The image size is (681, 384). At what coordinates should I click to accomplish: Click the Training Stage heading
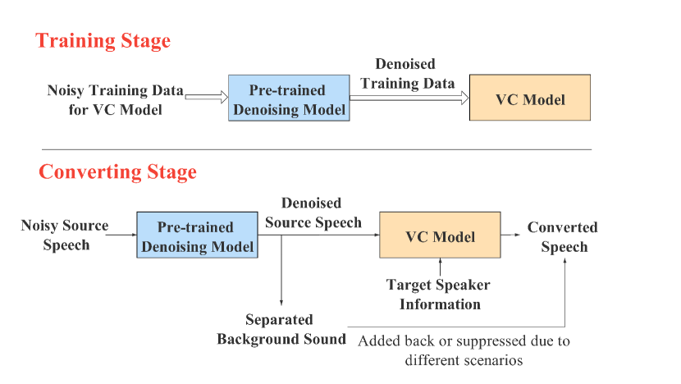pyautogui.click(x=103, y=40)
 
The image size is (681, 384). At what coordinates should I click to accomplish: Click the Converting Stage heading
pyautogui.click(x=117, y=172)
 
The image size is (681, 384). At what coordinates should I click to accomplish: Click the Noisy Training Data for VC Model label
pyautogui.click(x=115, y=98)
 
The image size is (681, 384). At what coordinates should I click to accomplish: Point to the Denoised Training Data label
pyautogui.click(x=407, y=73)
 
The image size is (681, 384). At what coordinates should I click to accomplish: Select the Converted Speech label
pyautogui.click(x=563, y=236)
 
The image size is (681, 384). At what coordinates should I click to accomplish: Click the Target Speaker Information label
pyautogui.click(x=440, y=295)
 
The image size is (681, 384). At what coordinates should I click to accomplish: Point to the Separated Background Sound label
pyautogui.click(x=281, y=329)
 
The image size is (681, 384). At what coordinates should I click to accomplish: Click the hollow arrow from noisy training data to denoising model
pyautogui.click(x=206, y=98)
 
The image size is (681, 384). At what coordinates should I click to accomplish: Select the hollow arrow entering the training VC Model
pyautogui.click(x=409, y=98)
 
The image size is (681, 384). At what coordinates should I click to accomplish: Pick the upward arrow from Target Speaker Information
pyautogui.click(x=441, y=267)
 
